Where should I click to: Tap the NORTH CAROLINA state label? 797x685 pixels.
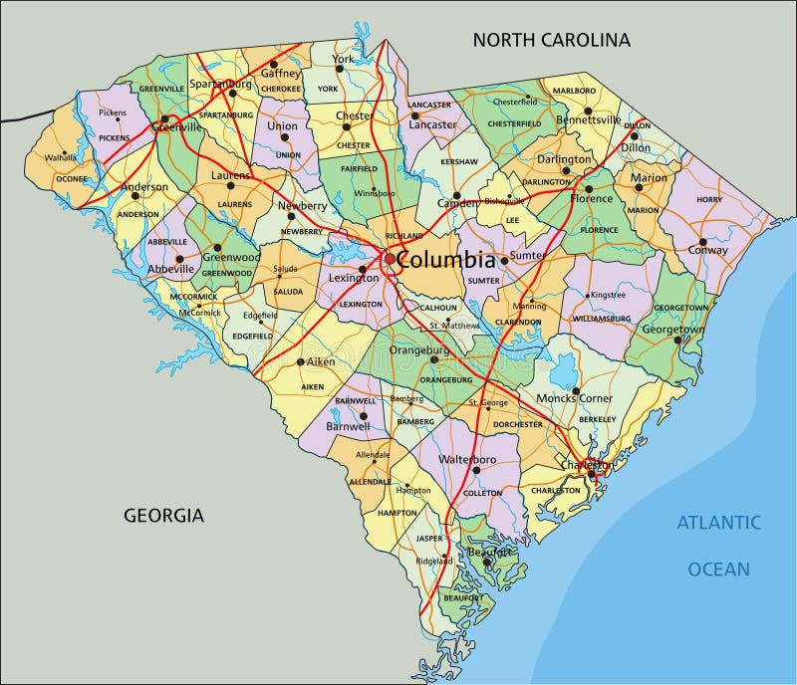pos(551,40)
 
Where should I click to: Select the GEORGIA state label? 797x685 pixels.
pos(163,515)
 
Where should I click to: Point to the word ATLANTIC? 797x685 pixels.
pos(719,522)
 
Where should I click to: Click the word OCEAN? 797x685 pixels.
pos(718,570)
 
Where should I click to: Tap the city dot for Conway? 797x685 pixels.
pos(702,241)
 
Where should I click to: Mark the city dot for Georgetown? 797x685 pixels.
pos(677,341)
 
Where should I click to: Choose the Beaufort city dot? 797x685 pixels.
pos(486,563)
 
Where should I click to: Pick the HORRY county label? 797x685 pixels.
pos(709,200)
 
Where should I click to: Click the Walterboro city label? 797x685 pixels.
pos(467,460)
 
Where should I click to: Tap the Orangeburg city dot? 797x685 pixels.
pos(433,360)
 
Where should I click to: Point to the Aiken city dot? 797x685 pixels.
pos(300,361)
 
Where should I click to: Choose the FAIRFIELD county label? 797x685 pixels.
pos(359,169)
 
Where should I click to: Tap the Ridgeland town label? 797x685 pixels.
pos(433,562)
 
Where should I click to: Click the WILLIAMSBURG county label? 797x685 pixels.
pos(602,319)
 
